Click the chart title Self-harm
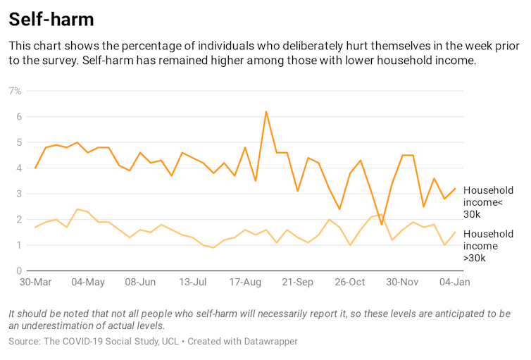pos(51,19)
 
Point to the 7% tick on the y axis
pos(15,91)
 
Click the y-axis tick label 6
pos(18,116)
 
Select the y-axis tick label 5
pos(18,142)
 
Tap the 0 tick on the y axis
pos(18,271)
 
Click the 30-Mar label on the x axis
pos(35,282)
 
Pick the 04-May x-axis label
pos(88,282)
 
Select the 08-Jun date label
pos(140,282)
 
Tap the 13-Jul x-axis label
pos(193,282)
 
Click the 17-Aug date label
pos(245,282)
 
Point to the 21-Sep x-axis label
pos(297,282)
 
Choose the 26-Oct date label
pos(349,282)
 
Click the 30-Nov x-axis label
pos(401,282)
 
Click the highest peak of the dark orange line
pos(266,111)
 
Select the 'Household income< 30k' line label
pos(488,202)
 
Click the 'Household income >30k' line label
pos(488,246)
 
